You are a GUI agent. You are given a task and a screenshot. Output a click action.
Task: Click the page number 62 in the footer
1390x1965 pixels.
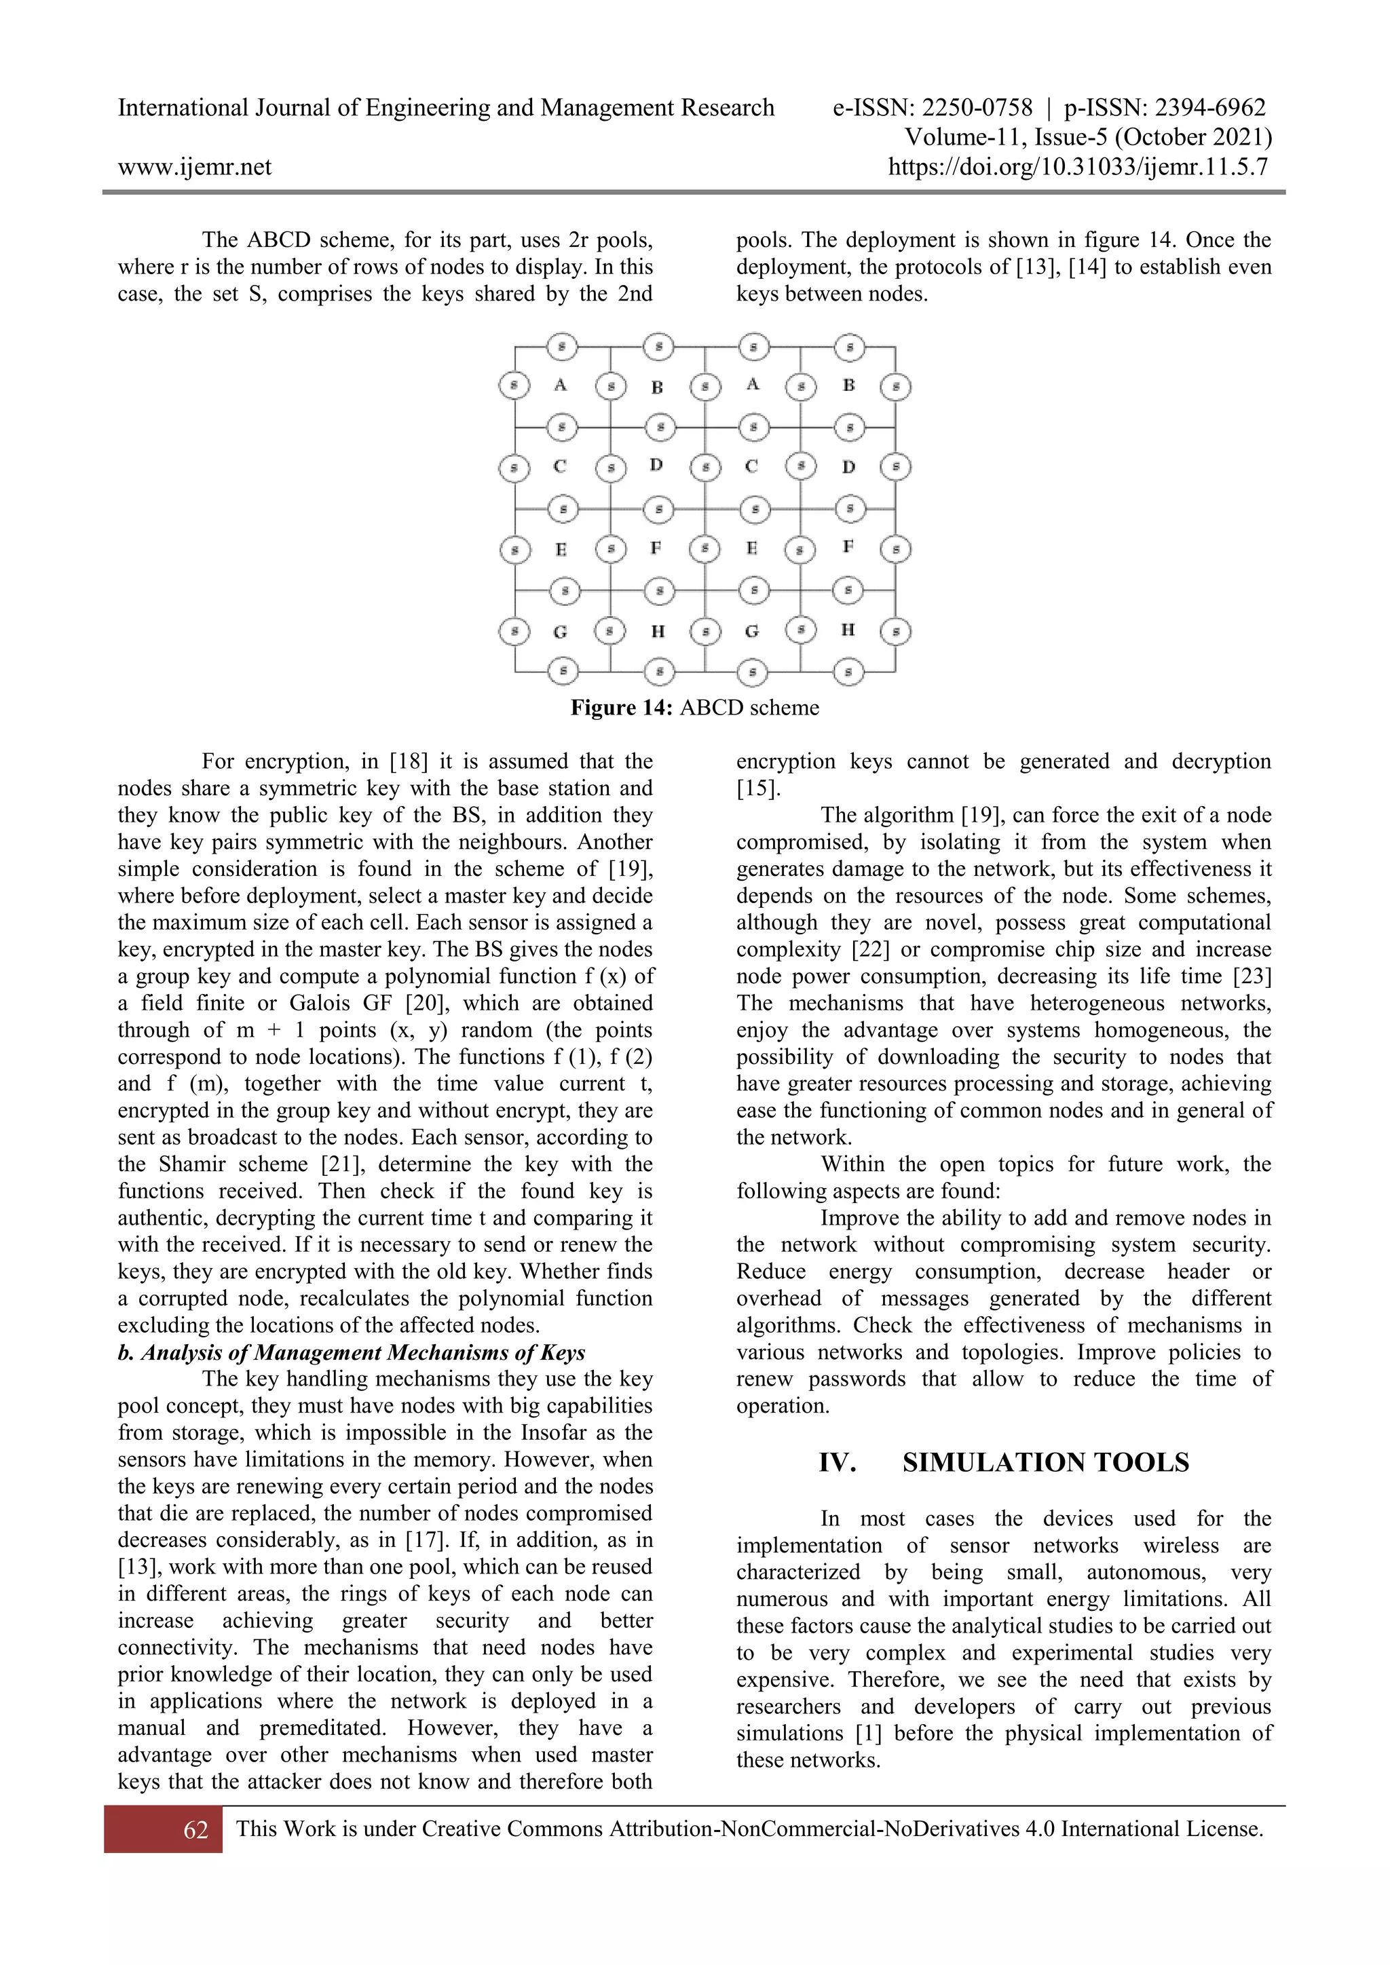pyautogui.click(x=195, y=1830)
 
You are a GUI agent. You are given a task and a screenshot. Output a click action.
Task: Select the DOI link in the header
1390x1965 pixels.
pyautogui.click(x=1078, y=167)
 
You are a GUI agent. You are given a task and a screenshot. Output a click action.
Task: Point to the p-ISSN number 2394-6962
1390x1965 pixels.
pyautogui.click(x=1210, y=108)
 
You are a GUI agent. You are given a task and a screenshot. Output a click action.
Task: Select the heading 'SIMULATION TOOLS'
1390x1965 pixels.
pyautogui.click(x=1045, y=1463)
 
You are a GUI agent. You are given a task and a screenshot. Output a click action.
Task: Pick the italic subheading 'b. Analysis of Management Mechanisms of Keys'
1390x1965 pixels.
pyautogui.click(x=352, y=1352)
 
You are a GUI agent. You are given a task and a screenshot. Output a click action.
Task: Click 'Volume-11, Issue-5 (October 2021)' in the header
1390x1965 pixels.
pyautogui.click(x=1087, y=137)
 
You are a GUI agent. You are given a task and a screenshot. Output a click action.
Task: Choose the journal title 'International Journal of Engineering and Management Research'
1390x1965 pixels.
pyautogui.click(x=446, y=108)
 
